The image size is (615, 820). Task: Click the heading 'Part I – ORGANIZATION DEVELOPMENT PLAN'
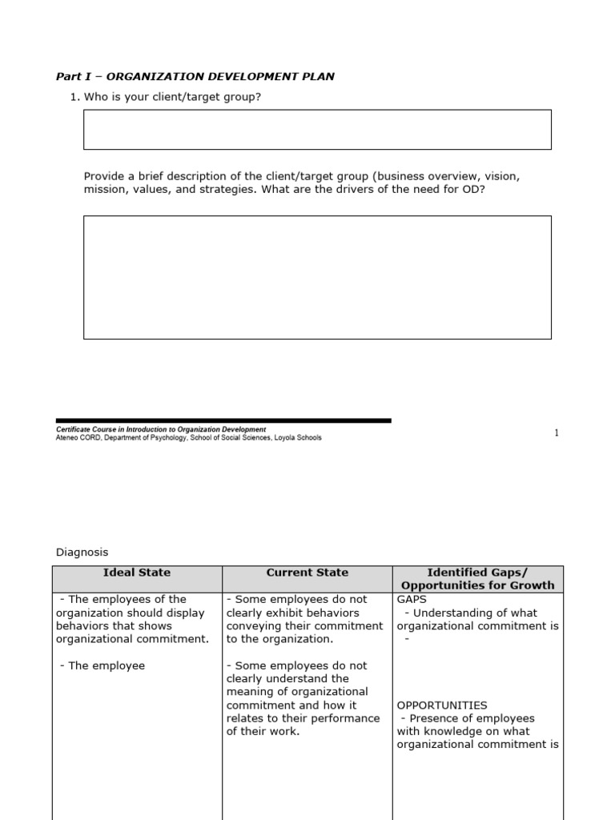(x=195, y=77)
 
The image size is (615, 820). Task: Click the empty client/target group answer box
(x=317, y=130)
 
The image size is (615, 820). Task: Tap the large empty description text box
(x=317, y=277)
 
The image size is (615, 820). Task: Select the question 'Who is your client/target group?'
(x=172, y=97)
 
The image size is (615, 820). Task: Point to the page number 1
(x=557, y=433)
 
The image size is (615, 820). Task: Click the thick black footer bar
(x=223, y=420)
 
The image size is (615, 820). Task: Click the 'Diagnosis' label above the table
(x=82, y=552)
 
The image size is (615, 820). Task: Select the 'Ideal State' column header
(x=137, y=573)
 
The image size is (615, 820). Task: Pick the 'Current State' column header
(x=307, y=573)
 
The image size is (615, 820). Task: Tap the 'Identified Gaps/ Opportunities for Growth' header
(x=477, y=579)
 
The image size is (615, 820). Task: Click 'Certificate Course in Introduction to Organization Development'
(x=161, y=430)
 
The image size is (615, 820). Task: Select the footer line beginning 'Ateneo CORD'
(x=188, y=438)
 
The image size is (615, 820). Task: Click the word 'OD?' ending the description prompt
(x=473, y=191)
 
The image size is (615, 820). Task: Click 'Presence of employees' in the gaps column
(x=472, y=718)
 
